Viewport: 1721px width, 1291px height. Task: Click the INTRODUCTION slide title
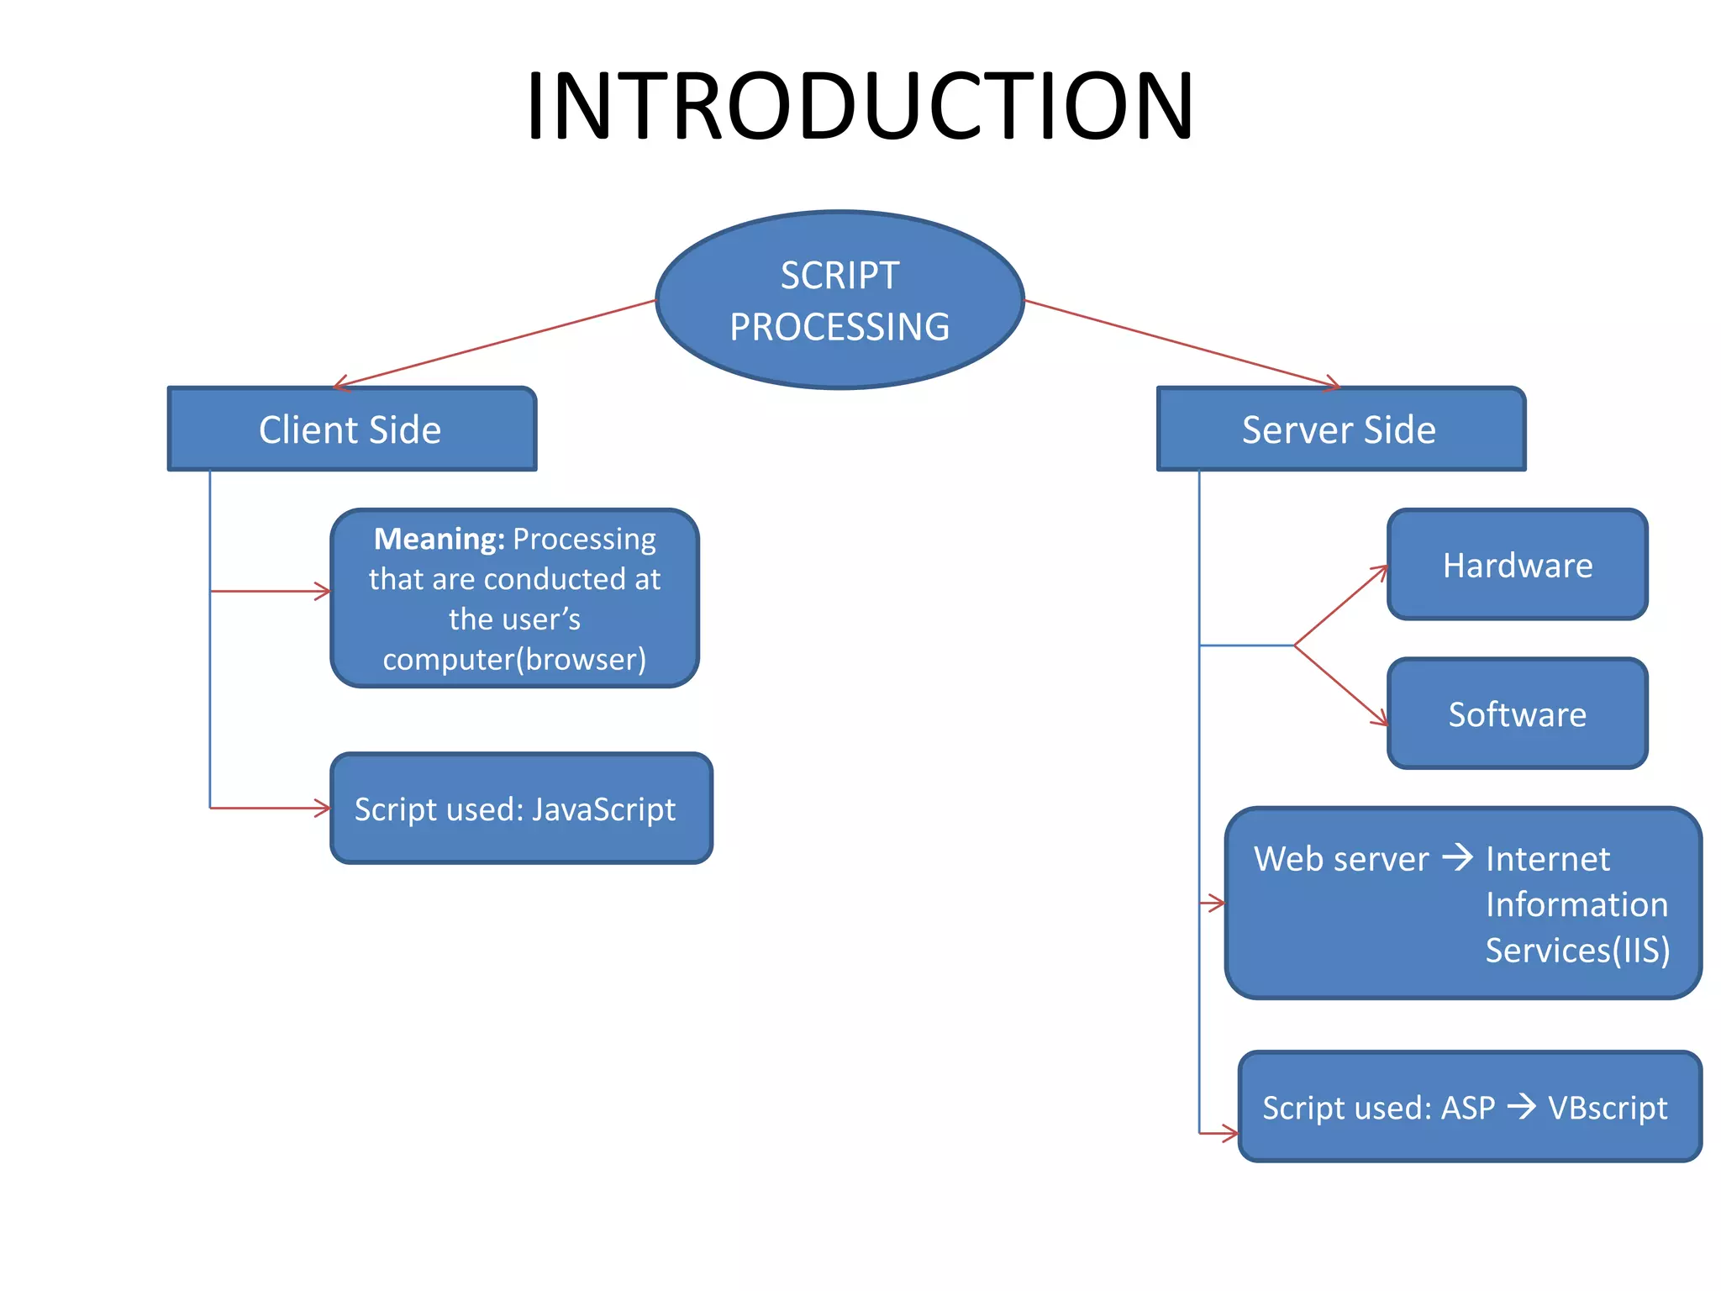pos(859,107)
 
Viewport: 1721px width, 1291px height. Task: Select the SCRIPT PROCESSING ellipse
pos(839,300)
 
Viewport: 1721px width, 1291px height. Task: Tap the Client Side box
pos(351,429)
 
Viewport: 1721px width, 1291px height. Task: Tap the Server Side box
pos(1339,429)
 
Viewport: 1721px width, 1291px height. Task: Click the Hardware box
pos(1517,565)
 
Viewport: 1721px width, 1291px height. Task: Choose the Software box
pos(1517,714)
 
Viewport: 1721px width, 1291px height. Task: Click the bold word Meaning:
pos(439,539)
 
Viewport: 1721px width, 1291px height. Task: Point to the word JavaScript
pos(603,809)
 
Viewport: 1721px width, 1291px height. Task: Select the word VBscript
pos(1607,1108)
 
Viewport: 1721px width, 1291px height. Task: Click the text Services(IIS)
pos(1576,951)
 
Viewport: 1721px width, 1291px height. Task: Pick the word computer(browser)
pos(514,660)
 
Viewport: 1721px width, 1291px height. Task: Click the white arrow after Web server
pos(1458,857)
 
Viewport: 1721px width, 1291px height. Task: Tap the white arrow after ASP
pos(1521,1106)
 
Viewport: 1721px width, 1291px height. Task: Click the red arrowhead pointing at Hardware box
pos(1380,572)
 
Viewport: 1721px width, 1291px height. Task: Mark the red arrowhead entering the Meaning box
pos(323,592)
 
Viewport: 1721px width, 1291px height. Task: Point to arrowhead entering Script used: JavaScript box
pos(323,808)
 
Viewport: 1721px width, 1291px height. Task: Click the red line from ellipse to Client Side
pos(496,343)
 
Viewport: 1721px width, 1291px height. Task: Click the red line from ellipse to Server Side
pos(1181,343)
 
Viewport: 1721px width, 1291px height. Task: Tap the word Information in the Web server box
pos(1576,904)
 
